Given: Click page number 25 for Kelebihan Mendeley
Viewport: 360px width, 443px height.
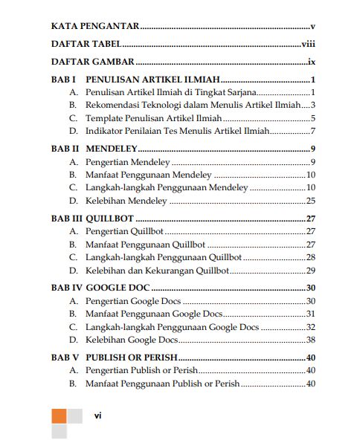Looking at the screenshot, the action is pos(311,200).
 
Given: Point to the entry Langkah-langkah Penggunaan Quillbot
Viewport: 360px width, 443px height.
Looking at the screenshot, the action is pos(163,257).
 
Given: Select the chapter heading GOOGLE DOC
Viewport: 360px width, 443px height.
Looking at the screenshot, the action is pos(118,288).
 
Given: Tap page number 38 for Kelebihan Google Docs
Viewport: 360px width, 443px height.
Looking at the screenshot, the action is pos(311,340).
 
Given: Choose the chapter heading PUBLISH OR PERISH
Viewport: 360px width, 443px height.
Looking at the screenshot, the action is pos(131,358).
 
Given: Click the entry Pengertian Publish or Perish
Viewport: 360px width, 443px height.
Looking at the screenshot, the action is pos(141,370).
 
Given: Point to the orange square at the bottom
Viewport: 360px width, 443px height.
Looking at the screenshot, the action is pos(59,415).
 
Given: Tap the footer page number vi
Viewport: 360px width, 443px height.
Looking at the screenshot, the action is pos(97,415).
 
